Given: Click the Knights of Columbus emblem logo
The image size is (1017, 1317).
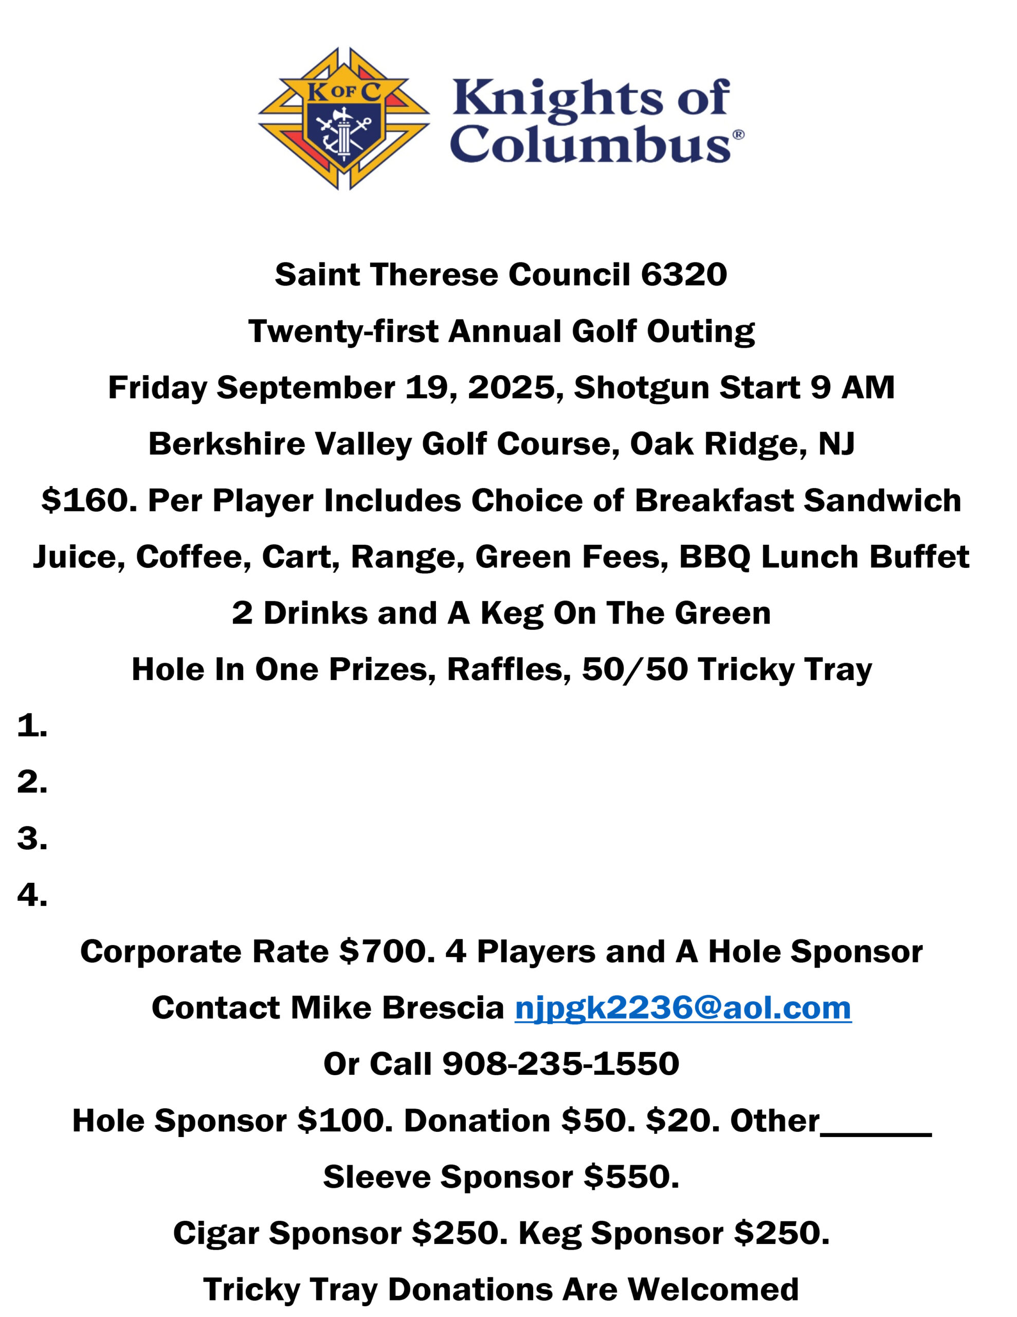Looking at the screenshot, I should pyautogui.click(x=344, y=119).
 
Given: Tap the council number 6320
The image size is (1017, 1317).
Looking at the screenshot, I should pyautogui.click(x=684, y=275).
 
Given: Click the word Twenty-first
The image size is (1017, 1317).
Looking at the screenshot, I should pyautogui.click(x=343, y=331).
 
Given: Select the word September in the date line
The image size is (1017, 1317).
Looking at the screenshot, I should pyautogui.click(x=305, y=387).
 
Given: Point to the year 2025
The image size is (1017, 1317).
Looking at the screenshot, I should pyautogui.click(x=511, y=387).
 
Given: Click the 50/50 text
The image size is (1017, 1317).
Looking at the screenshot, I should pyautogui.click(x=634, y=669).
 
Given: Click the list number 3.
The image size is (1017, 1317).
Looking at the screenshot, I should pyautogui.click(x=32, y=838).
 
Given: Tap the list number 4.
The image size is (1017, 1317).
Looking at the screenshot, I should pyautogui.click(x=32, y=895).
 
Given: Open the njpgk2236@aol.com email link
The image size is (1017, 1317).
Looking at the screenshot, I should pyautogui.click(x=682, y=1008).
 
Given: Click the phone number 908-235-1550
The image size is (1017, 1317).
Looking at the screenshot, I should pyautogui.click(x=560, y=1064).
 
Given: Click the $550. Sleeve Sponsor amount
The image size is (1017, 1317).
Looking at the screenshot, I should pyautogui.click(x=631, y=1177).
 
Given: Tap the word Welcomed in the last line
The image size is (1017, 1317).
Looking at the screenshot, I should pyautogui.click(x=713, y=1289).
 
